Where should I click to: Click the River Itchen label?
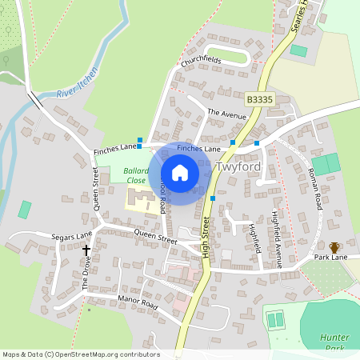(x=78, y=83)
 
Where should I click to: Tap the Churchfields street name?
(x=201, y=61)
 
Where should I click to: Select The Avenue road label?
(x=226, y=114)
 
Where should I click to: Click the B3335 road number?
(x=260, y=98)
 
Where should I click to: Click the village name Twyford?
(x=238, y=169)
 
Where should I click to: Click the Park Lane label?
(x=330, y=258)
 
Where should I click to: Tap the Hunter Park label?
(x=335, y=342)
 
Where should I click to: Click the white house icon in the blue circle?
(x=180, y=173)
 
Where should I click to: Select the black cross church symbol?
(x=87, y=250)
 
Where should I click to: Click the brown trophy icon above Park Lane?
(x=334, y=247)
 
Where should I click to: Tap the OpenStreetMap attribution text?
(x=80, y=354)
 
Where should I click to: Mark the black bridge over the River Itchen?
(x=37, y=100)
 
